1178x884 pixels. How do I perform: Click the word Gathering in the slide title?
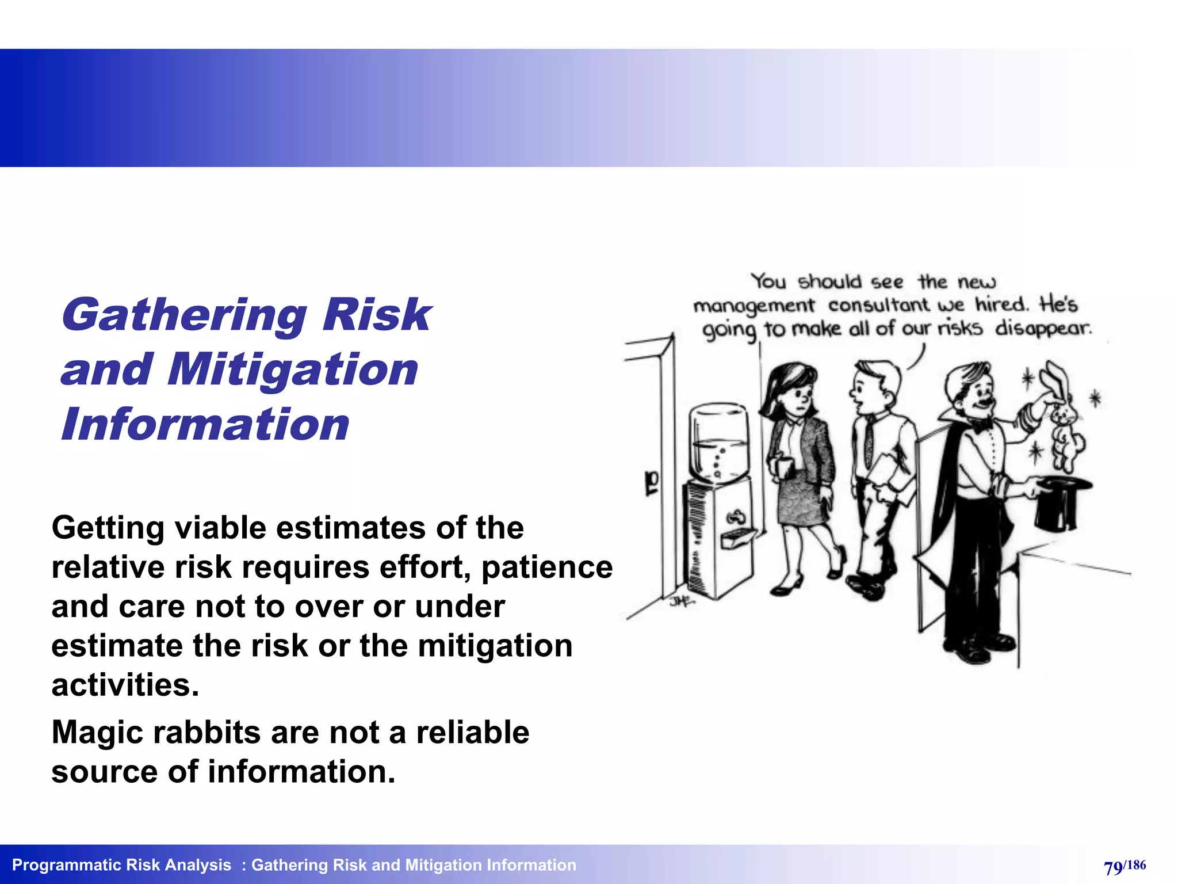click(183, 316)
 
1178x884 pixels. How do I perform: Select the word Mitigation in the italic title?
click(293, 370)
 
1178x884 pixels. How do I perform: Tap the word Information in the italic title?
click(205, 425)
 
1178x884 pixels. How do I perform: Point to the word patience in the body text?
click(547, 567)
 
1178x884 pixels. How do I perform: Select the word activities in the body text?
click(125, 685)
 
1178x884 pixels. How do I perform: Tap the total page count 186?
click(1136, 864)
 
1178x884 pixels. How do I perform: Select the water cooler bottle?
click(719, 440)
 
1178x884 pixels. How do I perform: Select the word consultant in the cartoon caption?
click(878, 305)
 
